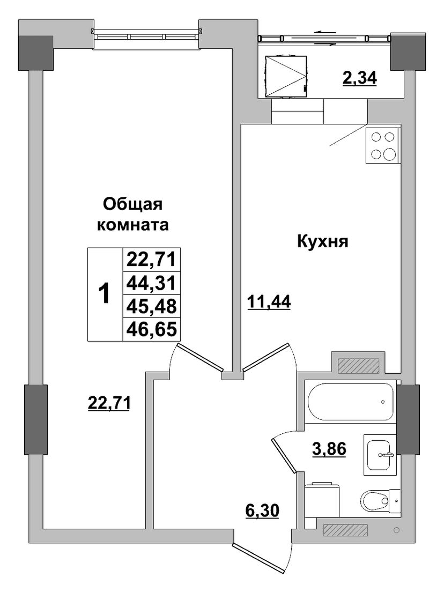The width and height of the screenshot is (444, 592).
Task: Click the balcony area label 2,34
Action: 359,78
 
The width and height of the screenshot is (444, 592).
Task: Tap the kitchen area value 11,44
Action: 269,302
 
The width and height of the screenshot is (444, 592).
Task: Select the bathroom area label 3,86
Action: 329,449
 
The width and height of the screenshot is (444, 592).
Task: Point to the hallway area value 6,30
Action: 262,511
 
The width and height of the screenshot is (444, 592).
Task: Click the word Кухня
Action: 323,241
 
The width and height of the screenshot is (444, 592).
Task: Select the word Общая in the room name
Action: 133,204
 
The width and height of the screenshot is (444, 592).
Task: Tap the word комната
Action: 133,225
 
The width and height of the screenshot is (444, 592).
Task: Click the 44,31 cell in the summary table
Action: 152,283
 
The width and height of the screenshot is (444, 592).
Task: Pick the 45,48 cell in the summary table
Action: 152,306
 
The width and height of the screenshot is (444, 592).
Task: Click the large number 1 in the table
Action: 104,294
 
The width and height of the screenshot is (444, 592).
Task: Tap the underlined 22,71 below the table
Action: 109,403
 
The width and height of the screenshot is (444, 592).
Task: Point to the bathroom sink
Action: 381,455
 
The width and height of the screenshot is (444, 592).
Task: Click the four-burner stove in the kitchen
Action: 383,146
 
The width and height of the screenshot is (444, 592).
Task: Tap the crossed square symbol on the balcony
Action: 286,77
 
